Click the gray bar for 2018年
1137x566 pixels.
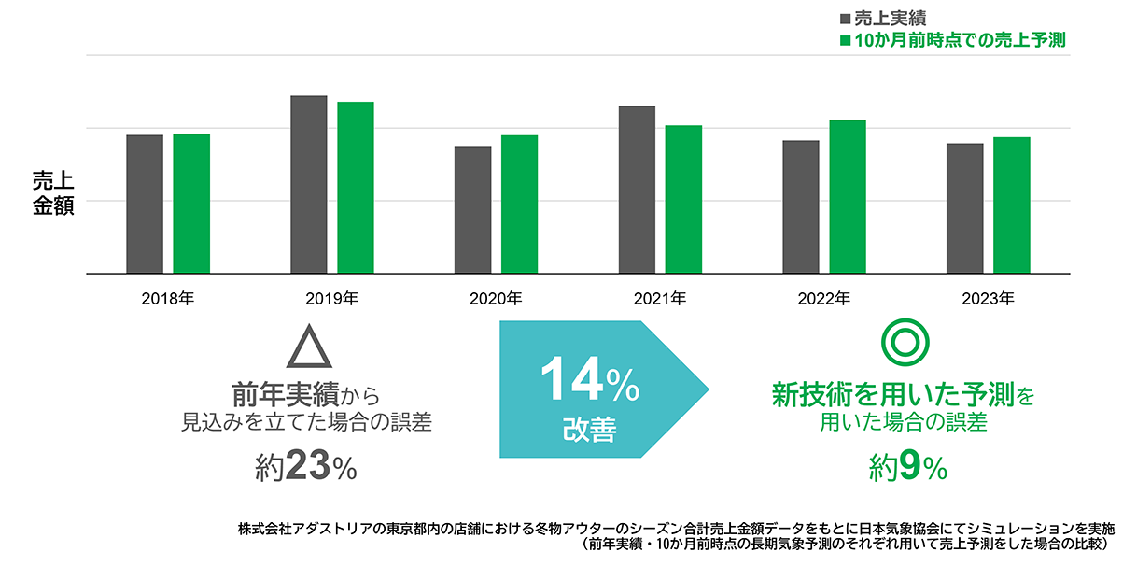(x=145, y=204)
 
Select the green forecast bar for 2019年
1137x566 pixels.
(x=356, y=187)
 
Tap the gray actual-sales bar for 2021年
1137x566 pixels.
(x=637, y=189)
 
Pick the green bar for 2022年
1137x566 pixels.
(x=848, y=196)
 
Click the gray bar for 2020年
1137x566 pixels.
(x=473, y=209)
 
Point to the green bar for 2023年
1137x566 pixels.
(x=1012, y=205)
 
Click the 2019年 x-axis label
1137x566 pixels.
(x=332, y=299)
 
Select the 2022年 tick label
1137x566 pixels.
(x=824, y=299)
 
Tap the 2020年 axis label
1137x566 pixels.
(x=496, y=299)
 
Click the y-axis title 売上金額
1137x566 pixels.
(x=53, y=193)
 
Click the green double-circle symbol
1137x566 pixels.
(x=904, y=344)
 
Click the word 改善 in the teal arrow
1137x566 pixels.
(x=589, y=430)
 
